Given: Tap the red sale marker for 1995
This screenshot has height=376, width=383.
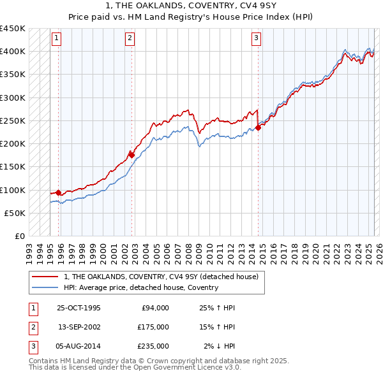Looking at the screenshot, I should (x=58, y=192).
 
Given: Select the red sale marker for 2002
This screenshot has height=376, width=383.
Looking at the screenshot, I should (x=131, y=154).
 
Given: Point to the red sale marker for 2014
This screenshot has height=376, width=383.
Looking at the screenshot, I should (x=258, y=127).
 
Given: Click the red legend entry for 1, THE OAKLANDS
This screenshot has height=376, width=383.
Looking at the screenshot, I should (x=160, y=277).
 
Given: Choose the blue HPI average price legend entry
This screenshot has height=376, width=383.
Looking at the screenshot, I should (x=140, y=287).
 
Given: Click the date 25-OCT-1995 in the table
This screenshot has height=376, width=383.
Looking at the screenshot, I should (x=79, y=308).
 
